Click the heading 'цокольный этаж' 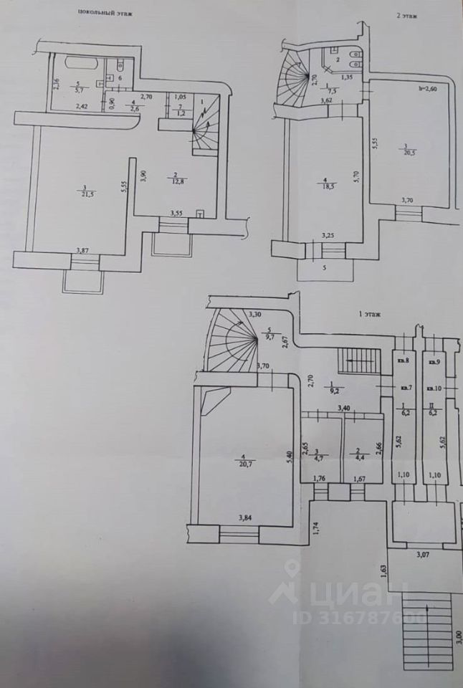point(103,13)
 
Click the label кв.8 point(404,360)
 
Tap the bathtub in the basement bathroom point(79,62)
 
